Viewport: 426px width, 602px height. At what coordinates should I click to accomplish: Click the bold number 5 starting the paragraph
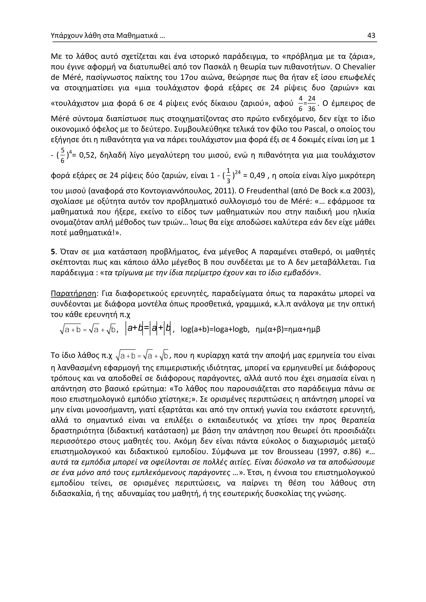(53, 252)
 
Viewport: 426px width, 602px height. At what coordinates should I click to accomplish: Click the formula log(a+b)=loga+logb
(215, 329)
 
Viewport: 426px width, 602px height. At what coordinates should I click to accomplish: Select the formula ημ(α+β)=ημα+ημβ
(288, 329)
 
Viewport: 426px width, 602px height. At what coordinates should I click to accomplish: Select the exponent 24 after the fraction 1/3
(238, 172)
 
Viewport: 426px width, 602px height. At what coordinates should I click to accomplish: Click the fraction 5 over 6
(62, 155)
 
